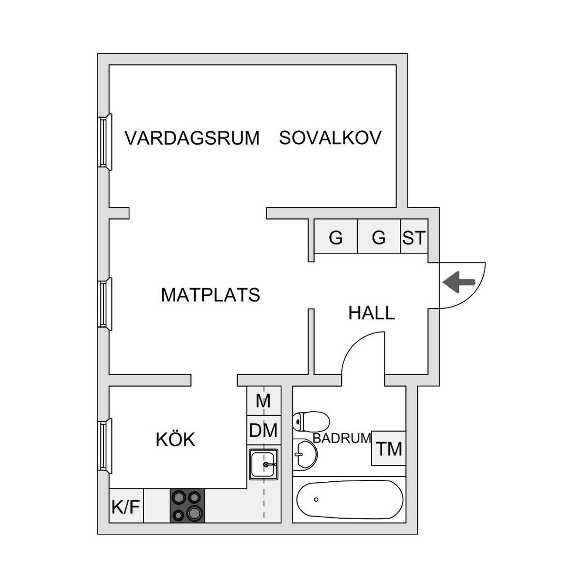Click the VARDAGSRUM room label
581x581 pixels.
pyautogui.click(x=192, y=138)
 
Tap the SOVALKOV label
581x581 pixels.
pyautogui.click(x=330, y=138)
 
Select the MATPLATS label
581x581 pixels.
pyautogui.click(x=211, y=295)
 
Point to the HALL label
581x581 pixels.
pyautogui.click(x=371, y=313)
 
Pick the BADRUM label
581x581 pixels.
pyautogui.click(x=342, y=438)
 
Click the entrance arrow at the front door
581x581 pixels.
pyautogui.click(x=459, y=282)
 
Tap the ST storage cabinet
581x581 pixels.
pyautogui.click(x=414, y=236)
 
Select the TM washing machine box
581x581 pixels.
pyautogui.click(x=389, y=448)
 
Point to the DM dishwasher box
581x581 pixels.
pyautogui.click(x=263, y=430)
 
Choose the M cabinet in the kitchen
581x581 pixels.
pyautogui.click(x=263, y=401)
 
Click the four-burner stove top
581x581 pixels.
pyautogui.click(x=187, y=505)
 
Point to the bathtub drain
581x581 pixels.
pyautogui.click(x=316, y=500)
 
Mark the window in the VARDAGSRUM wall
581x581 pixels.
pyautogui.click(x=105, y=142)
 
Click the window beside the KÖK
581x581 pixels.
pyautogui.click(x=105, y=445)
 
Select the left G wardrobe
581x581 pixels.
pyautogui.click(x=336, y=236)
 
